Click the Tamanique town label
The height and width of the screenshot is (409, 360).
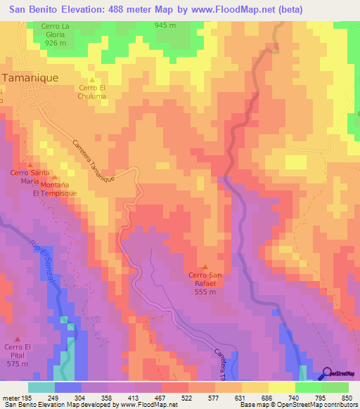pyautogui.click(x=30, y=78)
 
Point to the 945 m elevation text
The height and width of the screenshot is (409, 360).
pyautogui.click(x=165, y=25)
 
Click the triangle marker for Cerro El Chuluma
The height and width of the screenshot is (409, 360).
pyautogui.click(x=91, y=79)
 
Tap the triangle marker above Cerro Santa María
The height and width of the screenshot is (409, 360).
pyautogui.click(x=30, y=164)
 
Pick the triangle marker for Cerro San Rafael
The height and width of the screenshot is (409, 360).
pyautogui.click(x=205, y=266)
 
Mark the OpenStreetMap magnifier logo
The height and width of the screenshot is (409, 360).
pyautogui.click(x=327, y=373)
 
